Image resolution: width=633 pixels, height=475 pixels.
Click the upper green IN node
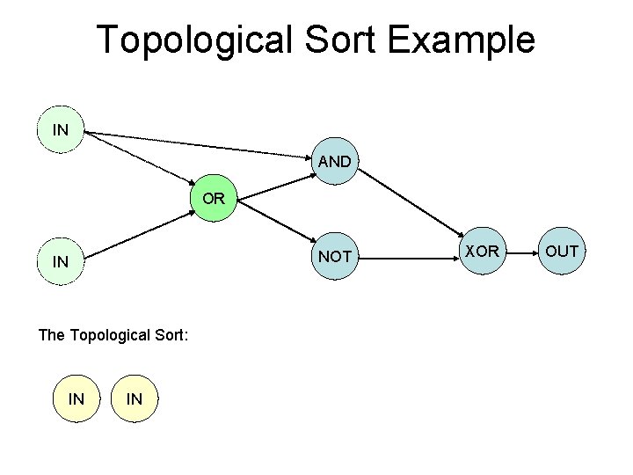tap(61, 131)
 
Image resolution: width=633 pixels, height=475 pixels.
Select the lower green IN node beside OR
tap(61, 262)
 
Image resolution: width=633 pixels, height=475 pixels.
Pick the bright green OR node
tap(213, 200)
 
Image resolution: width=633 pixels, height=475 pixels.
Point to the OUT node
tap(561, 252)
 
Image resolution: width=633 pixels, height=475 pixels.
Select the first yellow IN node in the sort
tap(76, 399)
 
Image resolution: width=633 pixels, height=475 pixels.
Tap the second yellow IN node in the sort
tap(134, 399)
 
